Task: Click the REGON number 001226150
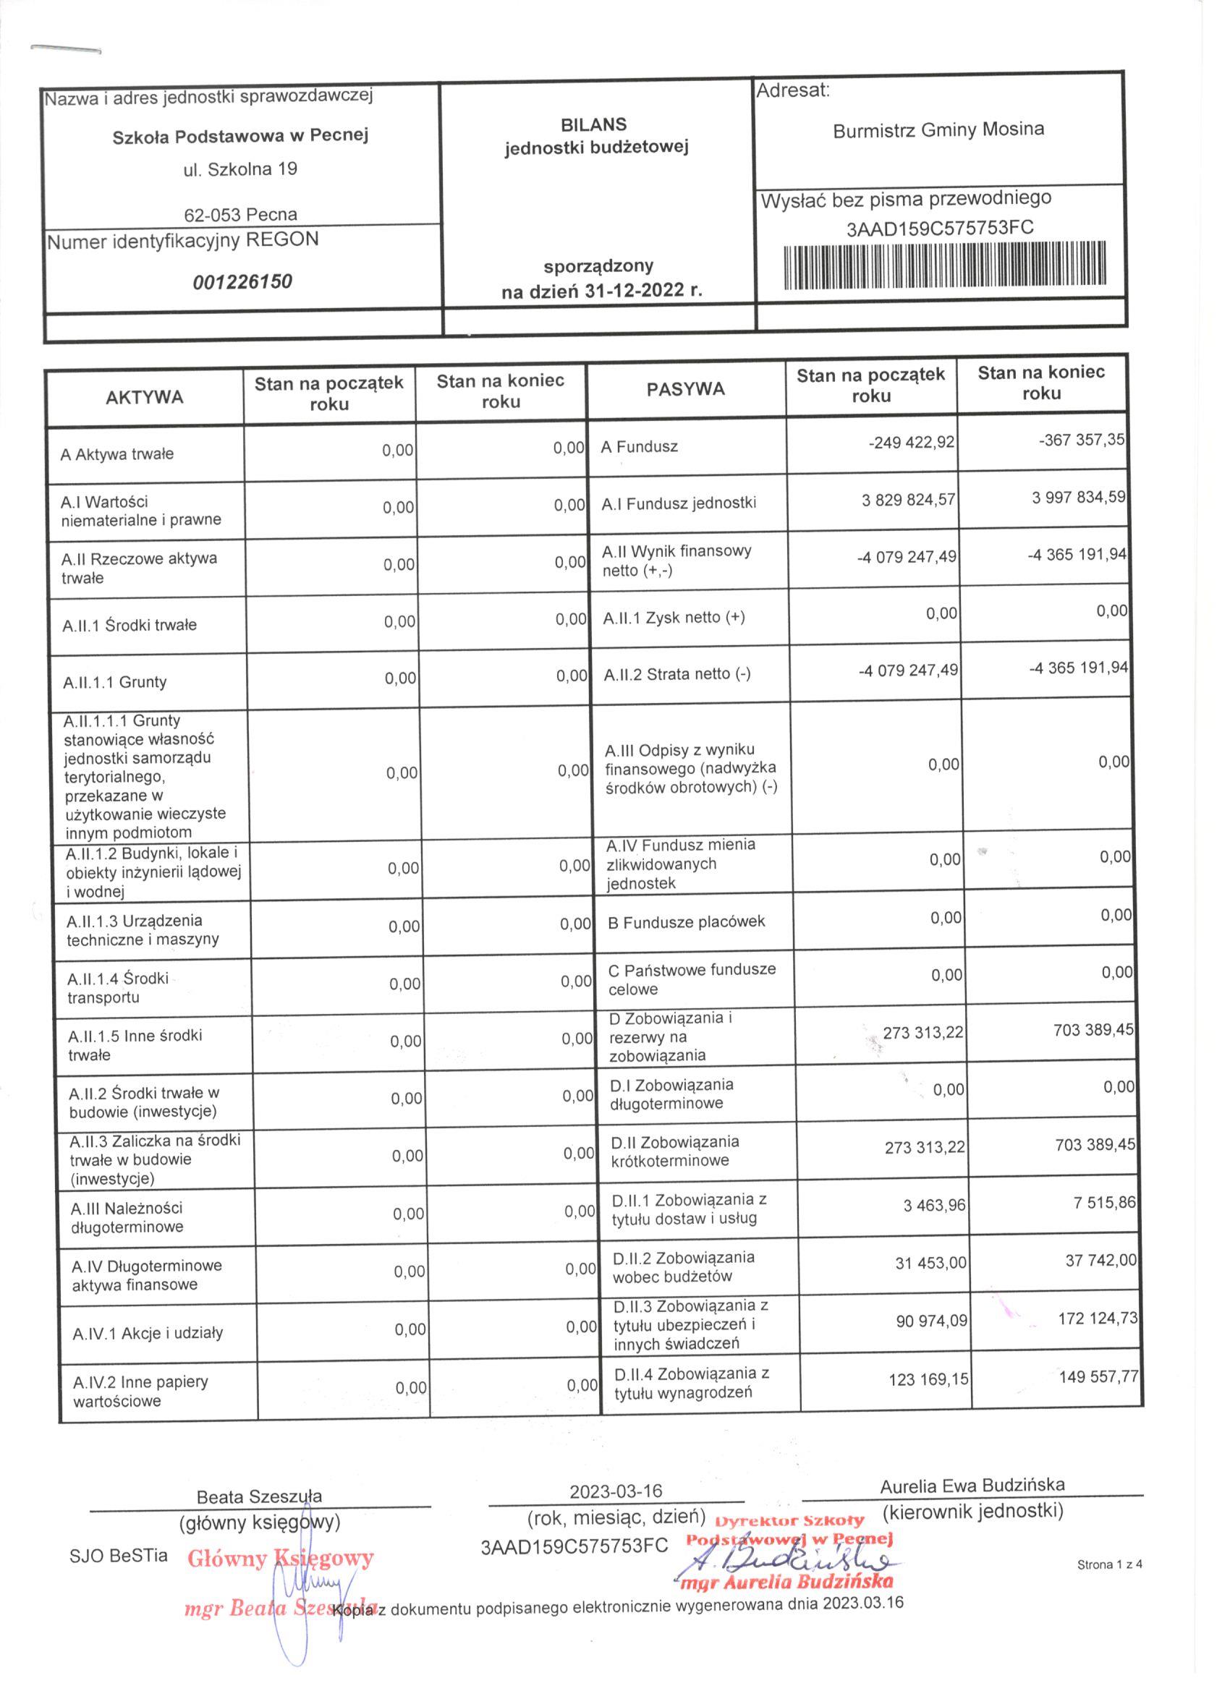pyautogui.click(x=242, y=282)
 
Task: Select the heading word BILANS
pyautogui.click(x=594, y=124)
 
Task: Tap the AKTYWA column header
pyautogui.click(x=145, y=396)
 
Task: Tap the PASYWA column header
pyautogui.click(x=685, y=388)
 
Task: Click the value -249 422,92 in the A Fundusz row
pyautogui.click(x=911, y=442)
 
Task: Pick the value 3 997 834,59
pyautogui.click(x=1078, y=497)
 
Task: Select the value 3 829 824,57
pyautogui.click(x=908, y=500)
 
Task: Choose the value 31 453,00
pyautogui.click(x=930, y=1262)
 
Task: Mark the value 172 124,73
pyautogui.click(x=1097, y=1318)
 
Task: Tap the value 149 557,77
pyautogui.click(x=1099, y=1376)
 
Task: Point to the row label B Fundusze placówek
pyautogui.click(x=686, y=922)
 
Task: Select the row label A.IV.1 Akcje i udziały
pyautogui.click(x=148, y=1333)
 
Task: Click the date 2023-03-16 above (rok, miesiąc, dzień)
pyautogui.click(x=616, y=1491)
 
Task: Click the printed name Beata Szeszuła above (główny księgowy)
pyautogui.click(x=259, y=1496)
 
